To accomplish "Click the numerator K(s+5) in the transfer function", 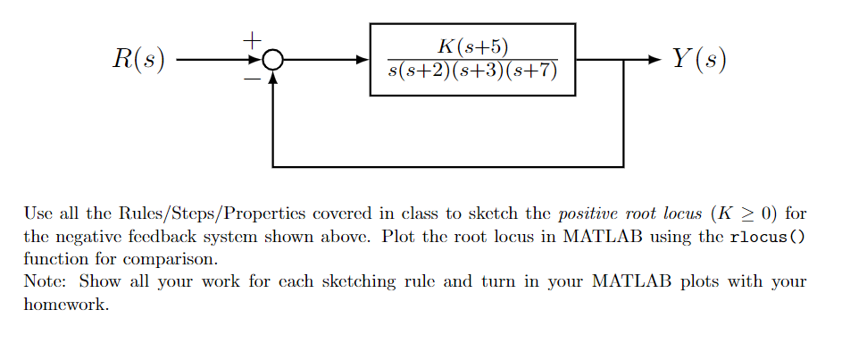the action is coord(472,46).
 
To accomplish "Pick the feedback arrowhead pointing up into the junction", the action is coord(272,78).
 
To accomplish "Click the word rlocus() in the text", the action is coord(767,237).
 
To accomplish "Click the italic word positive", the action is coord(586,215).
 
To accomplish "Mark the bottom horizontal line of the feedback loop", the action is coord(446,166).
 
